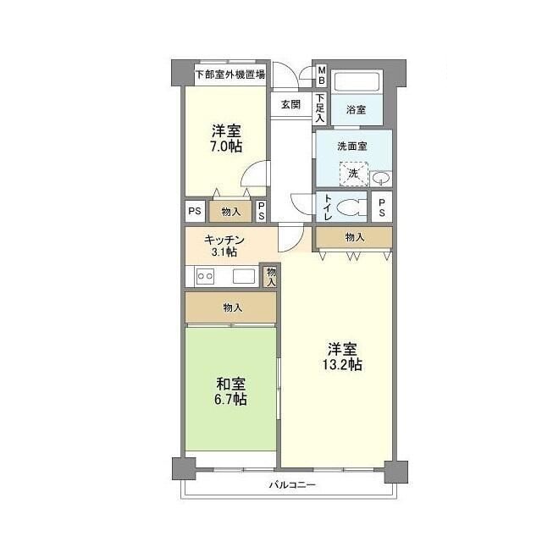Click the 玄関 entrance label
[290, 104]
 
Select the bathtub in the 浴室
[357, 83]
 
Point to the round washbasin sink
[381, 177]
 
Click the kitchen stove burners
[204, 276]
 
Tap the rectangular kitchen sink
[244, 276]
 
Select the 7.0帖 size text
[226, 147]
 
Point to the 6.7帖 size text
[230, 397]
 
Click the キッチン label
[224, 239]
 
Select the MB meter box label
[321, 75]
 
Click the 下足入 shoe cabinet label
[320, 108]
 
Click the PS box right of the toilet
[382, 207]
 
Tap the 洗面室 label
[351, 146]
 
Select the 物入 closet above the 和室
[232, 307]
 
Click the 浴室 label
[356, 110]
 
